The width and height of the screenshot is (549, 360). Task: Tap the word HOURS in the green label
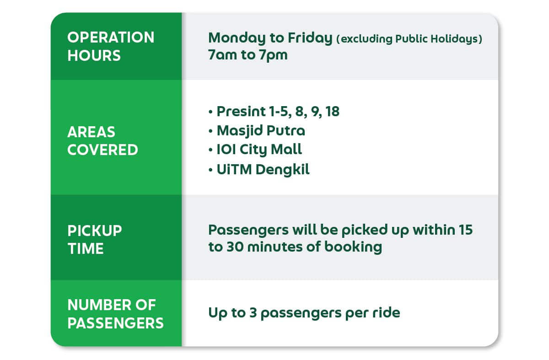click(x=94, y=55)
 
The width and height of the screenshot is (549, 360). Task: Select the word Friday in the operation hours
click(x=310, y=38)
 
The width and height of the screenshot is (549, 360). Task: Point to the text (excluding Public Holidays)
click(x=409, y=39)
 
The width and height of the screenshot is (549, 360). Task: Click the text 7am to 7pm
click(x=248, y=55)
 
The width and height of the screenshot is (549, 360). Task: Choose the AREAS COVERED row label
click(x=102, y=141)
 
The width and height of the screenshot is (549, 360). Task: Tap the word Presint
click(x=241, y=112)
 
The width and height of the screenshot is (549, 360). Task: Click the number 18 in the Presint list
click(x=332, y=112)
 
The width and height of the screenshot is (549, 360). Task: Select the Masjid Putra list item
click(x=261, y=130)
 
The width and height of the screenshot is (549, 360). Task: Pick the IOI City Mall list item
click(x=259, y=150)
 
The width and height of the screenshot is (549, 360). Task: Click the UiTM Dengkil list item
click(x=263, y=169)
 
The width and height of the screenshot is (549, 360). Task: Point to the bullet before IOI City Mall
click(x=210, y=150)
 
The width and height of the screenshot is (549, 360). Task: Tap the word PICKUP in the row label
click(x=95, y=231)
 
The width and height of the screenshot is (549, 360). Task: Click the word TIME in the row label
click(x=86, y=248)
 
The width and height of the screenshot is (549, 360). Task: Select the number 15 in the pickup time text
click(x=466, y=230)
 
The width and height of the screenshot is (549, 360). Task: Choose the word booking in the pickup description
click(x=353, y=247)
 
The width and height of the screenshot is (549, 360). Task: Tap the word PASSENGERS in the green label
click(x=115, y=323)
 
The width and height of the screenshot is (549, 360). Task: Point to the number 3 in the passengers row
click(x=253, y=313)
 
